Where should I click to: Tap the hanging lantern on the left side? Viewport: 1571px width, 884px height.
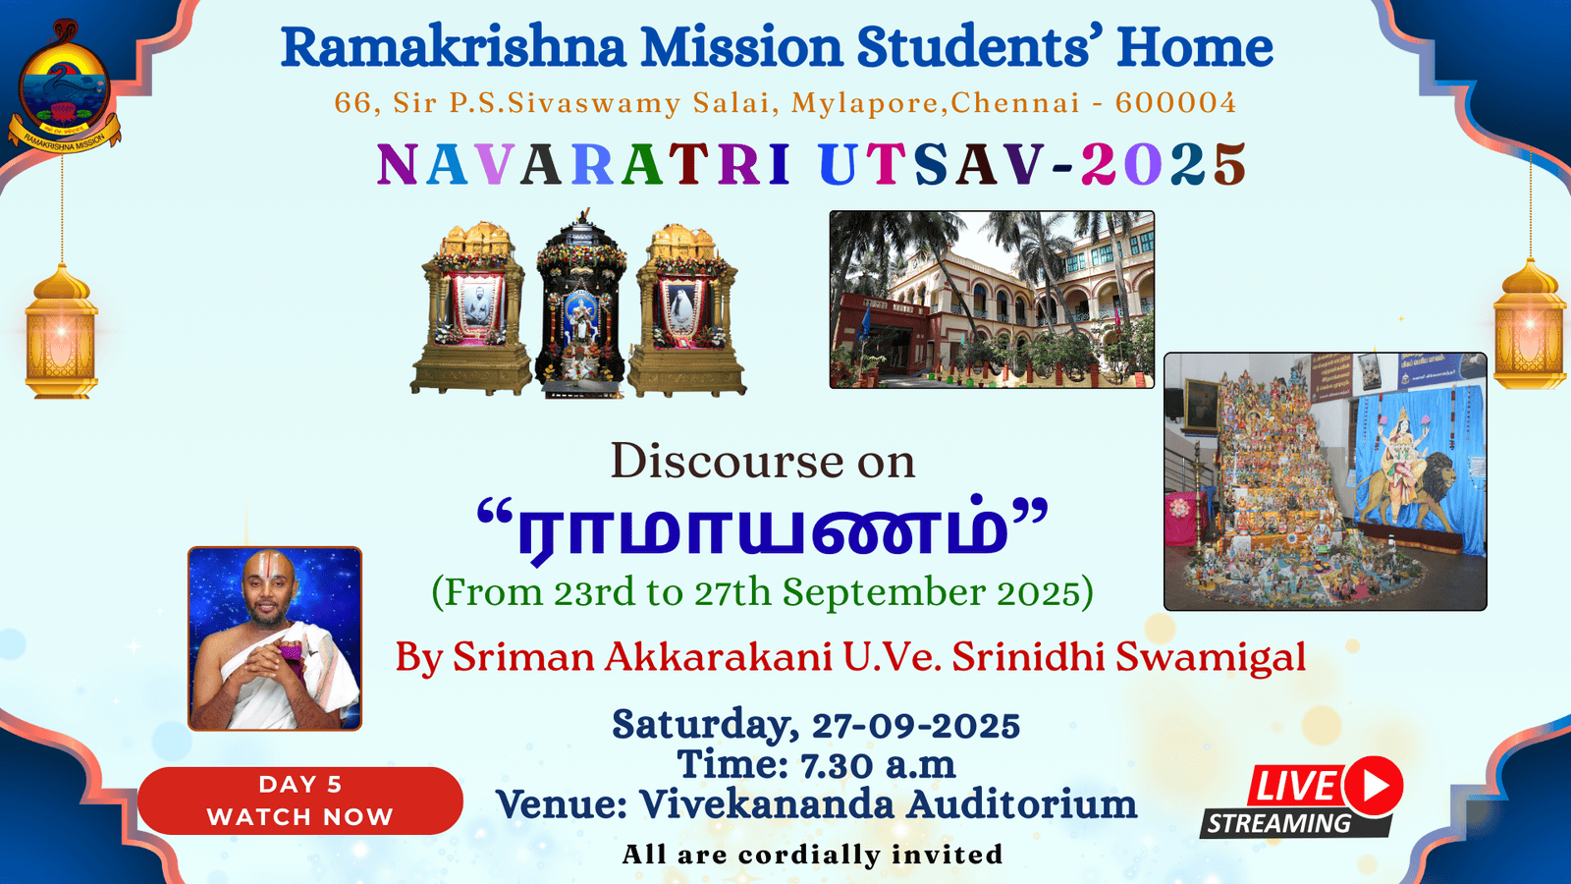(61, 331)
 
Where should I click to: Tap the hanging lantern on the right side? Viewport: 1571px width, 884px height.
(1531, 324)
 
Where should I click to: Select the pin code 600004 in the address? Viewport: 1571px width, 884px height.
(1175, 102)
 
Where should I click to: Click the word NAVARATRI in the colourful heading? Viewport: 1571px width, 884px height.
(583, 164)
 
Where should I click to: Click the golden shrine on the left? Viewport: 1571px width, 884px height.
(470, 308)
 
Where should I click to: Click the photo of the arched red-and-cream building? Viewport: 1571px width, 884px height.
(992, 300)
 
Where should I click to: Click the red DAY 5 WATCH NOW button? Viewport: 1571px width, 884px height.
(300, 801)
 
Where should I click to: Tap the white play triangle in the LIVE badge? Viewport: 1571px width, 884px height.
(1376, 786)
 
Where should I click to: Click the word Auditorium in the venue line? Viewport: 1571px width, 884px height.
(1021, 804)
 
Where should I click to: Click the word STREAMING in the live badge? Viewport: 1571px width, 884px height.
(1278, 823)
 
